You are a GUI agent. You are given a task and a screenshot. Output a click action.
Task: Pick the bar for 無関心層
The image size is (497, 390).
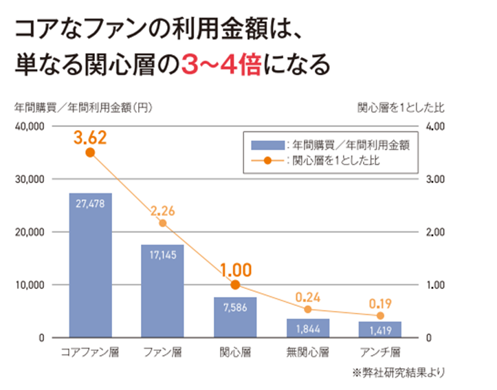pos(308,327)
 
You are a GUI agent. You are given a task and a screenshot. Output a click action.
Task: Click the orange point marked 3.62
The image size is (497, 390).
pos(90,153)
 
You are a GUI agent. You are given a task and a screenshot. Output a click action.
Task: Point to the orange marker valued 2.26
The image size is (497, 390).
pos(163,223)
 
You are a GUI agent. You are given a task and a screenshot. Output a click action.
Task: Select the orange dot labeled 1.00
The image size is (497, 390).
pos(235,285)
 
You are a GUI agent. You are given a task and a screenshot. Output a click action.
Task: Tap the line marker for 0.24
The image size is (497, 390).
pos(308,310)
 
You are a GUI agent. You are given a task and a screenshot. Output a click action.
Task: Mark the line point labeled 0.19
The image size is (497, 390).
pos(380,316)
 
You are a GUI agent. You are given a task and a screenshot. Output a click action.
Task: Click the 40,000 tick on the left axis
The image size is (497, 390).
pos(30,127)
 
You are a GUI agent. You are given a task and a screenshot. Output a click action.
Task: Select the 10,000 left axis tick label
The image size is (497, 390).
pos(30,285)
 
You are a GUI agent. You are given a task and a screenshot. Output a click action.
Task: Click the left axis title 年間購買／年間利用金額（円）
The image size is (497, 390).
pos(83,107)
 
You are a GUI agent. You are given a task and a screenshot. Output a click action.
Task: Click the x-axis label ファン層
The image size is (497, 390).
pos(162,353)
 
